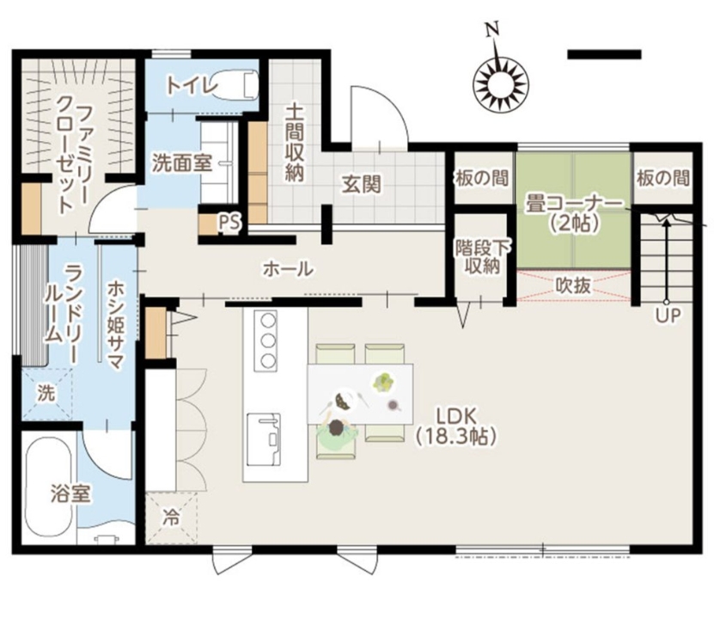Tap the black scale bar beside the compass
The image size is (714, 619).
pos(604,54)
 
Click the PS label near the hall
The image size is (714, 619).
pos(228,223)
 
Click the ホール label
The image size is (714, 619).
pos(288,269)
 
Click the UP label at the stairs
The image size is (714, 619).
pos(666,316)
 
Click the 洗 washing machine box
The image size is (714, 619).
pos(45,393)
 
